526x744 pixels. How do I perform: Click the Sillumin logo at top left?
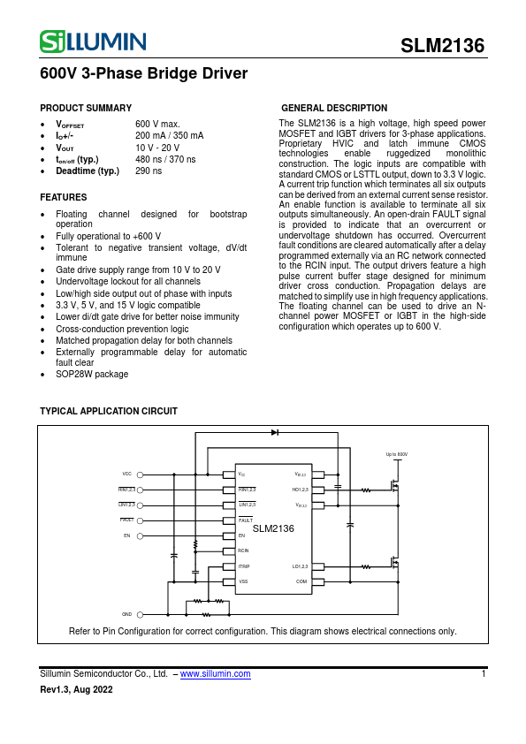[x=93, y=41]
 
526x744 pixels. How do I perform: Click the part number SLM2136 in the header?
[x=442, y=46]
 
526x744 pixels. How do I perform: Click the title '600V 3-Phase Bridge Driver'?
[x=143, y=74]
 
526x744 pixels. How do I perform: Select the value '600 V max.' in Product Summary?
[x=157, y=124]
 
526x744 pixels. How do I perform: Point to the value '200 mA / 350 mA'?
[x=169, y=135]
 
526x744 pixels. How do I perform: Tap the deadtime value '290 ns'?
[x=149, y=171]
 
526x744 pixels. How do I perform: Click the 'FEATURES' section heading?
[x=64, y=197]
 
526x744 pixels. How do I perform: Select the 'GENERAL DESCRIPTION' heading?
[x=333, y=108]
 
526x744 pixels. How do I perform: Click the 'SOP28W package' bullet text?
[x=92, y=374]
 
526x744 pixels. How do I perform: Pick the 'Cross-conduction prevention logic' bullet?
[x=122, y=329]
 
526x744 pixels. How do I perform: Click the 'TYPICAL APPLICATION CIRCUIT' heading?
[x=109, y=412]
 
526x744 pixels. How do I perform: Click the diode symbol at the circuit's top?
[x=275, y=432]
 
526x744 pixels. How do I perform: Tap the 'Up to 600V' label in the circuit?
[x=396, y=454]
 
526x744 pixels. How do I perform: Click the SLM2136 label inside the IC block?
[x=273, y=528]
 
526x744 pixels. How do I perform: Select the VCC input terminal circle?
[x=140, y=474]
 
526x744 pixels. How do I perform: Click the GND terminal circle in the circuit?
[x=140, y=613]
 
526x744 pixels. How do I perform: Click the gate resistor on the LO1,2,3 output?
[x=366, y=566]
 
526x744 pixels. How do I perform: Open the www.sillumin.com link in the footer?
[x=216, y=673]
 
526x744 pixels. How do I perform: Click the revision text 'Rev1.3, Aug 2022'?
[x=77, y=689]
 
